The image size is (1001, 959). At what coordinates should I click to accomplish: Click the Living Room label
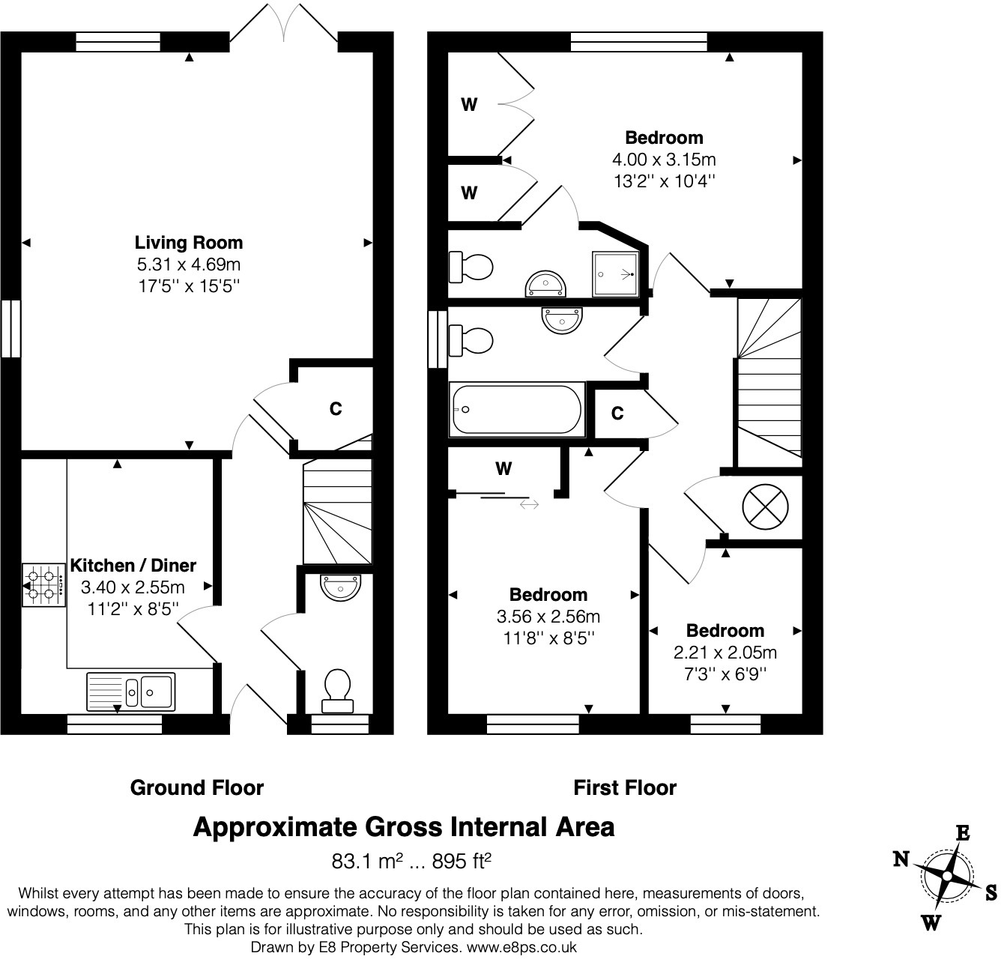click(x=188, y=243)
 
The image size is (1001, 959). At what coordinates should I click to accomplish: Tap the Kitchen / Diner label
click(x=133, y=566)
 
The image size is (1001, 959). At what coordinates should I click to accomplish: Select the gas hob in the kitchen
click(x=43, y=585)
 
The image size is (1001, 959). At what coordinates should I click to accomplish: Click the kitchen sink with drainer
click(x=131, y=691)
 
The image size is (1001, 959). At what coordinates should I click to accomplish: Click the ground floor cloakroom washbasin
click(x=341, y=587)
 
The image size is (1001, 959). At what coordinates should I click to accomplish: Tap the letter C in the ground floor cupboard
click(x=336, y=409)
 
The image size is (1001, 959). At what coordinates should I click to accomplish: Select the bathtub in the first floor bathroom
click(x=517, y=410)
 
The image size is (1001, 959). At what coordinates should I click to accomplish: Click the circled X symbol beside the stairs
click(x=765, y=506)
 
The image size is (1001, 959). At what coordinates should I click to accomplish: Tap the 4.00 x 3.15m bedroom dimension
click(x=664, y=160)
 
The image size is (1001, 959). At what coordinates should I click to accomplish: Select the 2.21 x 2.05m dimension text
click(x=725, y=652)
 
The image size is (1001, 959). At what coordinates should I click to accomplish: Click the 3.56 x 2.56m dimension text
click(x=548, y=617)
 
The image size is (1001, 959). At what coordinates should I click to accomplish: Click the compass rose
click(x=947, y=877)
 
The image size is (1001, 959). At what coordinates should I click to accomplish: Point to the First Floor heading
click(x=624, y=788)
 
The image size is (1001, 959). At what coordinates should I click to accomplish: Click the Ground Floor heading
click(x=197, y=788)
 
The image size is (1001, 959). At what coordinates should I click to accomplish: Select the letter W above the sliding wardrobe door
click(x=503, y=469)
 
